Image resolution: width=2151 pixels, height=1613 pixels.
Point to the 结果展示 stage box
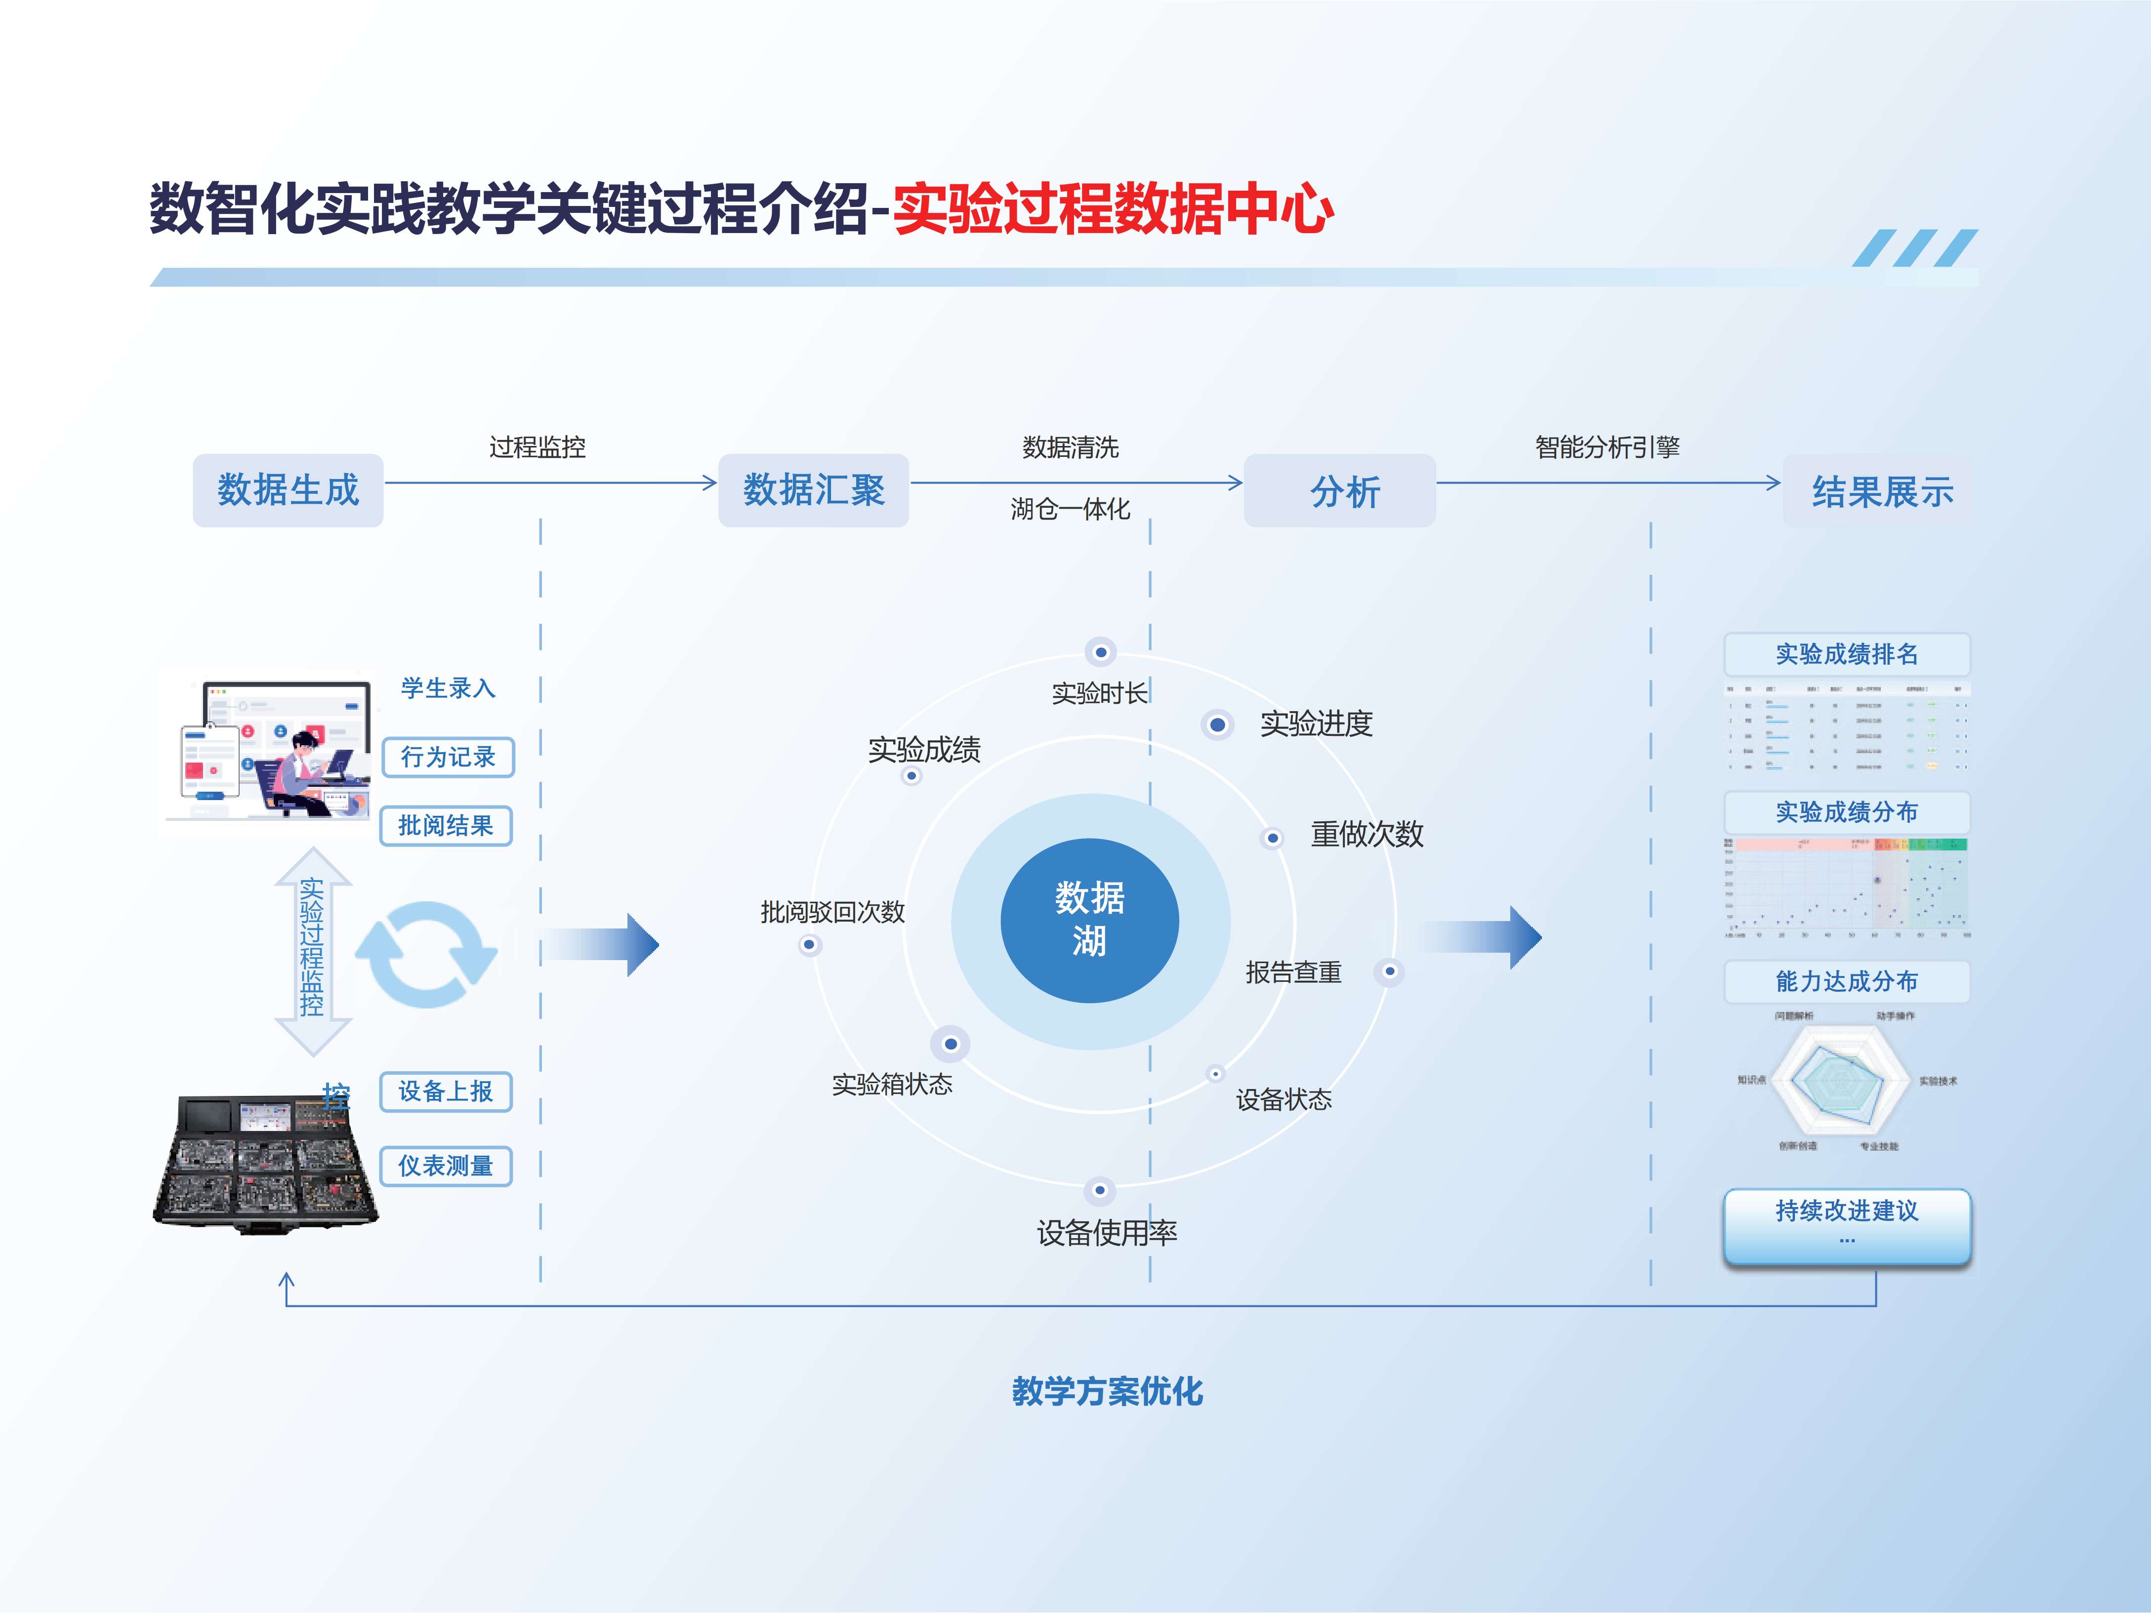click(x=1880, y=491)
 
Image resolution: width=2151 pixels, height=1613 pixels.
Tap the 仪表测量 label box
click(x=446, y=1166)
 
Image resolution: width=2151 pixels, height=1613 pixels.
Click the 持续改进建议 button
click(x=1847, y=1225)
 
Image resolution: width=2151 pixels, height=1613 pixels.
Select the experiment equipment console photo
click(x=265, y=1163)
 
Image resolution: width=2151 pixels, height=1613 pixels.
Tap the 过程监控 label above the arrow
click(x=537, y=447)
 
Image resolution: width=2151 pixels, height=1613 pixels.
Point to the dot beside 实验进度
click(x=1216, y=725)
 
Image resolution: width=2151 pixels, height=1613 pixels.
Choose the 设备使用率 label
click(x=1107, y=1233)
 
